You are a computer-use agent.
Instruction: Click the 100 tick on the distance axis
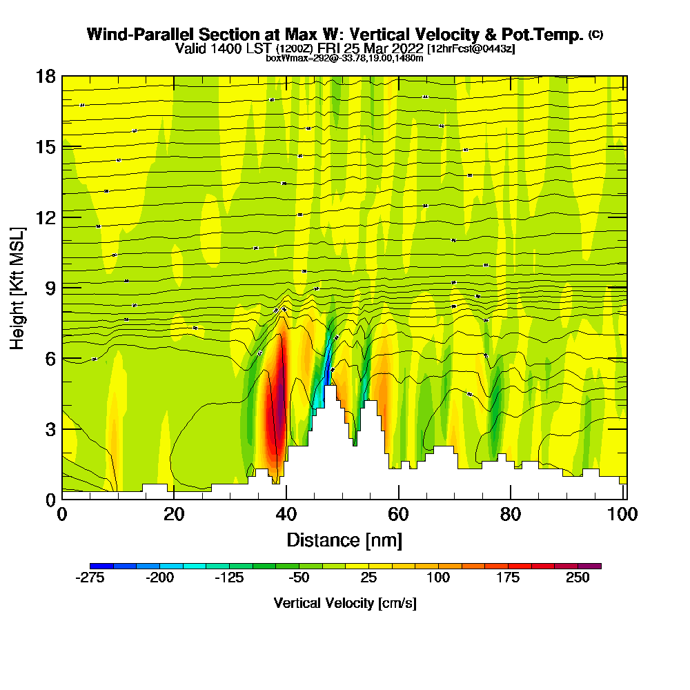(622, 514)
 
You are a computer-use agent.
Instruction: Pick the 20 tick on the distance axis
(174, 514)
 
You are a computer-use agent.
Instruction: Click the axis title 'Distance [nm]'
(344, 540)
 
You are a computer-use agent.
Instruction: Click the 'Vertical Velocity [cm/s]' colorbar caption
(344, 603)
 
